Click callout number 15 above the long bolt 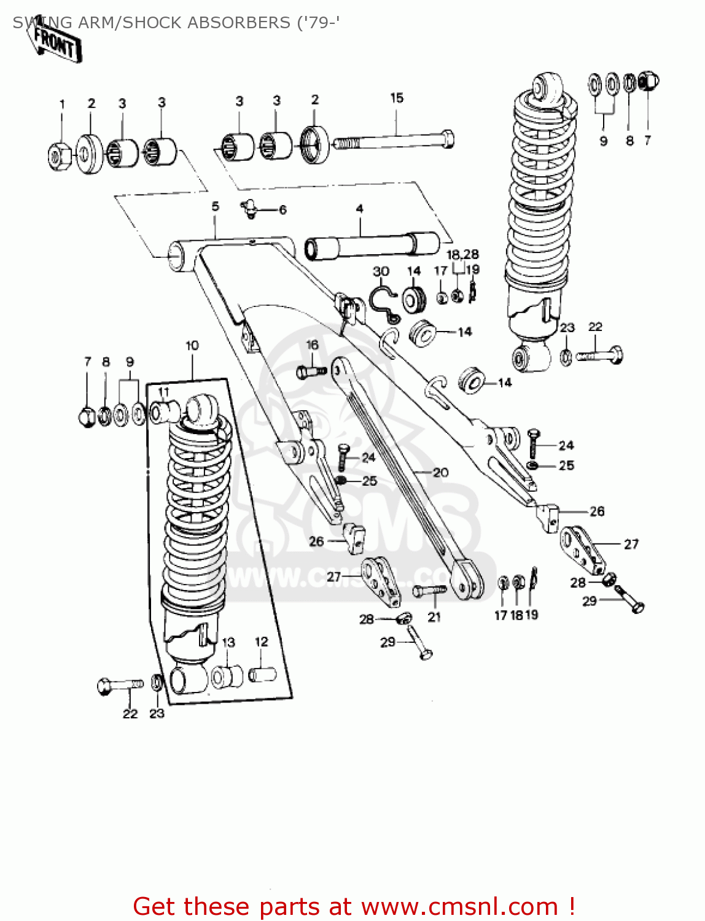(x=397, y=98)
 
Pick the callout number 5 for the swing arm (x=215, y=206)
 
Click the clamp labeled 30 (x=383, y=302)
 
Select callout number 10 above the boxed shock (x=192, y=346)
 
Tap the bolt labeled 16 (x=311, y=371)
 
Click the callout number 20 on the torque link (x=440, y=472)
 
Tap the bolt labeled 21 (x=429, y=591)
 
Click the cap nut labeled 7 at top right (x=648, y=81)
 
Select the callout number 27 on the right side (x=631, y=544)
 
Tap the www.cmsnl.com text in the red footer (x=459, y=907)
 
